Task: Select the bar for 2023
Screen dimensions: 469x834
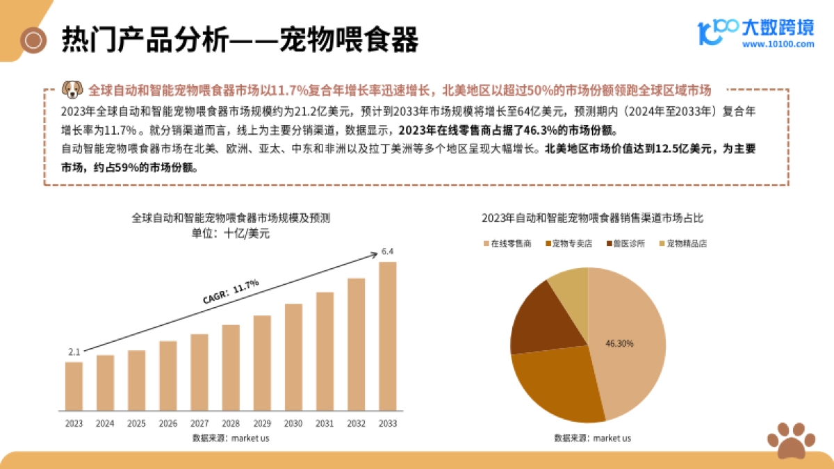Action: pyautogui.click(x=74, y=386)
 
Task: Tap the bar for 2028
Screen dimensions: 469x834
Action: pyautogui.click(x=231, y=367)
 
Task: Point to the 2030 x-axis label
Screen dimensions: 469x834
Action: pyautogui.click(x=293, y=423)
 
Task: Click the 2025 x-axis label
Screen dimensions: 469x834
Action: pyautogui.click(x=137, y=423)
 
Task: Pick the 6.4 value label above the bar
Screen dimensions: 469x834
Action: pyautogui.click(x=388, y=252)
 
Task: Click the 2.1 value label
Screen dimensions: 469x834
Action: pyautogui.click(x=74, y=352)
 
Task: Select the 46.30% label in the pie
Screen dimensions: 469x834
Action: pyautogui.click(x=619, y=343)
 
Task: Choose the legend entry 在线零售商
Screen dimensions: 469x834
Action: pyautogui.click(x=507, y=244)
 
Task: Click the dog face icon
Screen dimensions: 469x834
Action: pyautogui.click(x=72, y=89)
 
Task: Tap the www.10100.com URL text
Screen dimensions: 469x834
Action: pyautogui.click(x=778, y=44)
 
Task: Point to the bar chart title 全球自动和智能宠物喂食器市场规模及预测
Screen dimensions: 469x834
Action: pyautogui.click(x=231, y=217)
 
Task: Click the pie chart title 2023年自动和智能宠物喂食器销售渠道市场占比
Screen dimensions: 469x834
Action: pyautogui.click(x=593, y=218)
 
